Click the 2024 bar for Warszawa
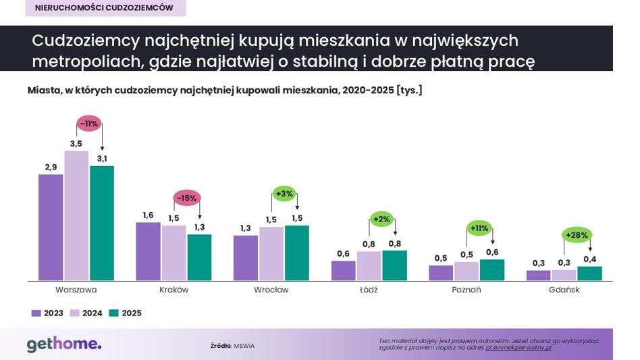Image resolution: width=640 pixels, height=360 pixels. coord(76,215)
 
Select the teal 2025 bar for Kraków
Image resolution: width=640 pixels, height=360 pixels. coord(200,257)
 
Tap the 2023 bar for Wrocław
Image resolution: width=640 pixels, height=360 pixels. coord(246,258)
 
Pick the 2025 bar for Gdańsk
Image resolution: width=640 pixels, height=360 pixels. coord(590,274)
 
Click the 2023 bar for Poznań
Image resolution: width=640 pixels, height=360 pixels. coord(441,273)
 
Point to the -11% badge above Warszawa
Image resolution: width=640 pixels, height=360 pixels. coord(89,124)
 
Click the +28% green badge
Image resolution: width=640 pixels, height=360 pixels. coord(577,235)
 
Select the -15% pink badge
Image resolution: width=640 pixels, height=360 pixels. coord(187,198)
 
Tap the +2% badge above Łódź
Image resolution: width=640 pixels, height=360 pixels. coord(381,220)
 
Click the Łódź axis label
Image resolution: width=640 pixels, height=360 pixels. coord(369,290)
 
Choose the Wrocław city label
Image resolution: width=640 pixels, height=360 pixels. coord(271,290)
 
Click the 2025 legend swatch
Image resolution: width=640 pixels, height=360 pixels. coord(114,313)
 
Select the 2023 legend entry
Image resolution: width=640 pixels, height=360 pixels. coord(47,313)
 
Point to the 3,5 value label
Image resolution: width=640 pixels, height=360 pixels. coord(76,144)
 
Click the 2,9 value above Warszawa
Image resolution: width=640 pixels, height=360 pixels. coord(51,167)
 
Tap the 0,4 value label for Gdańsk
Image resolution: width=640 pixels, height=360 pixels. coord(590,259)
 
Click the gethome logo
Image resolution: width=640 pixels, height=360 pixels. coord(64,344)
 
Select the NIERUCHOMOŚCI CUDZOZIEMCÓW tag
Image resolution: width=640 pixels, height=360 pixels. coord(105,7)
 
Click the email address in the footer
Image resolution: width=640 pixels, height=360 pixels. coord(518,348)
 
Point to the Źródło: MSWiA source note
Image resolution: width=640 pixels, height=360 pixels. coord(232,346)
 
